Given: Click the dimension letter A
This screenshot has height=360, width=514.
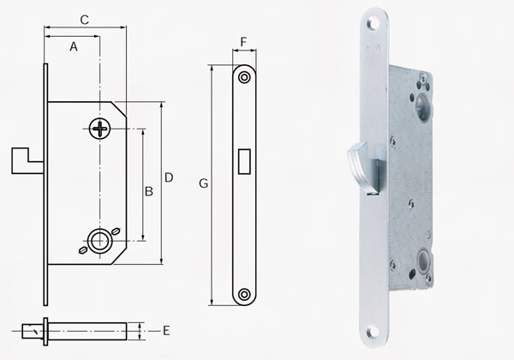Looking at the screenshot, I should [74, 48].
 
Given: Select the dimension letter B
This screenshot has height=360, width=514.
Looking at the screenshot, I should [148, 192].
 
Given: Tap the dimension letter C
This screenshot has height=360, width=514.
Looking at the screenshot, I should [85, 19].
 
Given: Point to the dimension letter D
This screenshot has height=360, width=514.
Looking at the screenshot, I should [169, 177].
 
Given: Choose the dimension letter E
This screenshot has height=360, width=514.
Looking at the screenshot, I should [167, 329].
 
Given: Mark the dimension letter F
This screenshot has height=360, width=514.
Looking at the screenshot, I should [244, 41].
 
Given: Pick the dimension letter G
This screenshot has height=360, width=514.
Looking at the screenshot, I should [203, 183].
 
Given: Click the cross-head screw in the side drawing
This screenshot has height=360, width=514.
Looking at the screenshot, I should [100, 129].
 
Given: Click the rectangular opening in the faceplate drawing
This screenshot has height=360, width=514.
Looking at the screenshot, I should [244, 160].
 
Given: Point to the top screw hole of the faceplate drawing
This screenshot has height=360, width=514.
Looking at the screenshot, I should [244, 77].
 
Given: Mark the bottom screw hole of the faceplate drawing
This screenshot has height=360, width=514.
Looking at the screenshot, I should [244, 294].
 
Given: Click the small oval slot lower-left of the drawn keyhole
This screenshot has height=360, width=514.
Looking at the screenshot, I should [82, 250].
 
